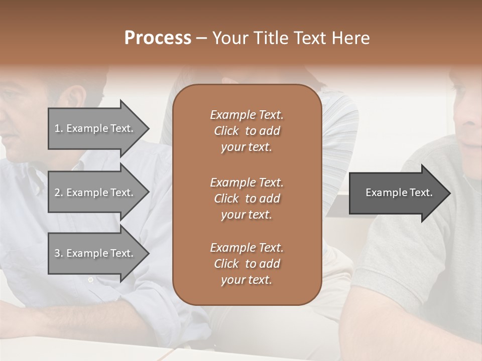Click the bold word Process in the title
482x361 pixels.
158,38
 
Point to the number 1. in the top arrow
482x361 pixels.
58,128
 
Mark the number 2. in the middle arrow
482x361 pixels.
58,193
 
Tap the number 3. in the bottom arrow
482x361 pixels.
58,253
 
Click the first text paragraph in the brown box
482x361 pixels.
247,131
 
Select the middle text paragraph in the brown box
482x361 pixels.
247,199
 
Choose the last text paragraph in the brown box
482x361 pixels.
247,264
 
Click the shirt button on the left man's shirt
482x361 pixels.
90,280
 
